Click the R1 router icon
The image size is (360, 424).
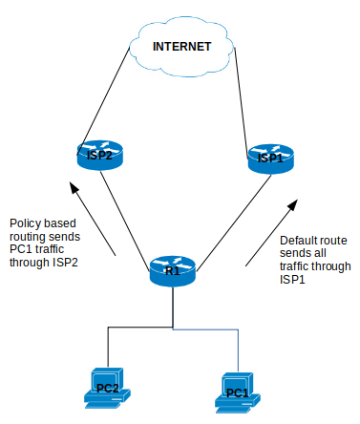(x=173, y=270)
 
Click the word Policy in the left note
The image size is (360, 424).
(x=26, y=223)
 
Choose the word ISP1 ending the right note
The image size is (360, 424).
(x=293, y=280)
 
